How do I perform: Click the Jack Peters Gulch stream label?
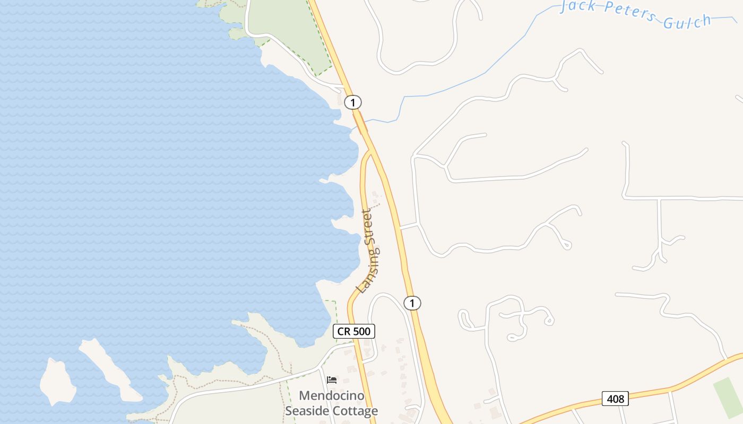pos(635,14)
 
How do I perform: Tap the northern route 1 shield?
pos(352,102)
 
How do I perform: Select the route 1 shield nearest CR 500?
pos(412,303)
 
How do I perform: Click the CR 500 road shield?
pos(354,332)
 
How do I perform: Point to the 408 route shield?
pos(615,398)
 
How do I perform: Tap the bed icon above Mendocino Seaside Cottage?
pos(332,380)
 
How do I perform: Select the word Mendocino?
pos(332,395)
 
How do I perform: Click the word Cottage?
pos(356,411)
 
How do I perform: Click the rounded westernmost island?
pos(57,381)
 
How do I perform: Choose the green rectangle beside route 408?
pos(728,397)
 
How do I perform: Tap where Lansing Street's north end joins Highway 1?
pos(370,152)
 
